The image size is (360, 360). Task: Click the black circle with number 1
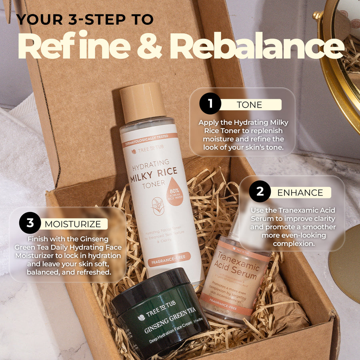coord(210,104)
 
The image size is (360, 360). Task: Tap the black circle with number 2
coord(260,192)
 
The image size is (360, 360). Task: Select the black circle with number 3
coord(30,223)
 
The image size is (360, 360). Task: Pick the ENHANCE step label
coord(300,192)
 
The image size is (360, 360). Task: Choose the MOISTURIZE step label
coord(73,224)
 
